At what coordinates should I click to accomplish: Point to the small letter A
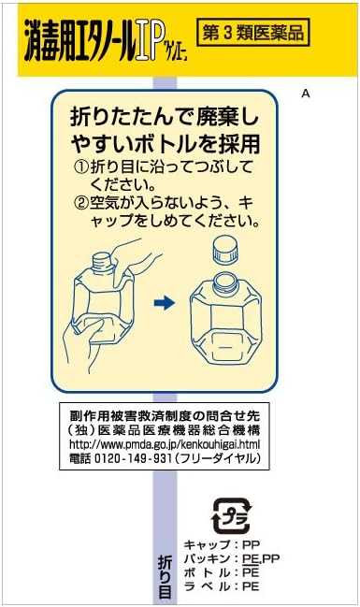coord(306,94)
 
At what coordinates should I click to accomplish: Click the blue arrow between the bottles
coord(164,302)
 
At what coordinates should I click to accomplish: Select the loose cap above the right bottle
coord(223,251)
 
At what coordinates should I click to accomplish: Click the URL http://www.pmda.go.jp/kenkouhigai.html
coord(165,444)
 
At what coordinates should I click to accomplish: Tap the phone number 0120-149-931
coord(135,458)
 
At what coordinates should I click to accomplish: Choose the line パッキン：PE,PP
coord(230,558)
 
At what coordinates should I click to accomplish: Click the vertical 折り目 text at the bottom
coord(164,578)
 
